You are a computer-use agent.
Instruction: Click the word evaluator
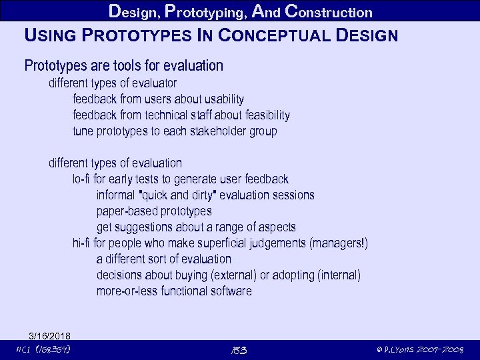click(x=153, y=83)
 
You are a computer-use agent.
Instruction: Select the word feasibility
click(x=261, y=115)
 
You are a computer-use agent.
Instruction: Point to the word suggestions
click(x=144, y=227)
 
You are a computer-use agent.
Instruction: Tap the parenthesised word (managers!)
click(x=338, y=243)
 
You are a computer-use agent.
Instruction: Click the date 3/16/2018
click(x=50, y=335)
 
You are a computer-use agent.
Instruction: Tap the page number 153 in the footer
click(x=239, y=350)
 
